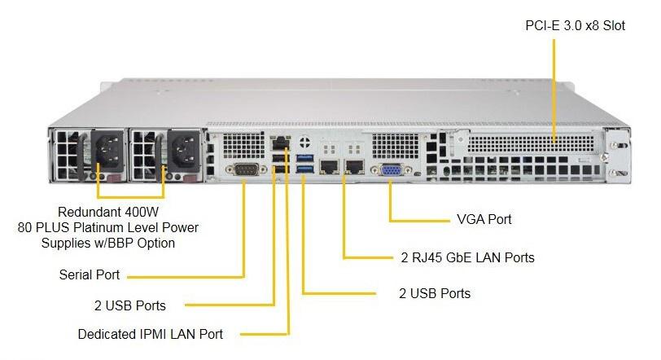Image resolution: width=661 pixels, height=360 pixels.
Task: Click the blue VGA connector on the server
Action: (389, 170)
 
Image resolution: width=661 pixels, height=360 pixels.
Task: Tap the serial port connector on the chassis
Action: (244, 170)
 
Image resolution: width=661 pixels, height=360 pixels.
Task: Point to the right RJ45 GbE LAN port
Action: (355, 168)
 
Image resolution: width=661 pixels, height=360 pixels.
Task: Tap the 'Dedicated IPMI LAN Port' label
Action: (150, 334)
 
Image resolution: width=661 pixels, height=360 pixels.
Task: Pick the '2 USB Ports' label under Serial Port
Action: (130, 305)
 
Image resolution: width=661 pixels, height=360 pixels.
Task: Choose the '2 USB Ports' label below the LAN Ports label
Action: (435, 292)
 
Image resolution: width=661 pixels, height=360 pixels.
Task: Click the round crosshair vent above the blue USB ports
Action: (304, 138)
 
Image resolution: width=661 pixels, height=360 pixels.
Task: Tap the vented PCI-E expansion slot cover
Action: (529, 142)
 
